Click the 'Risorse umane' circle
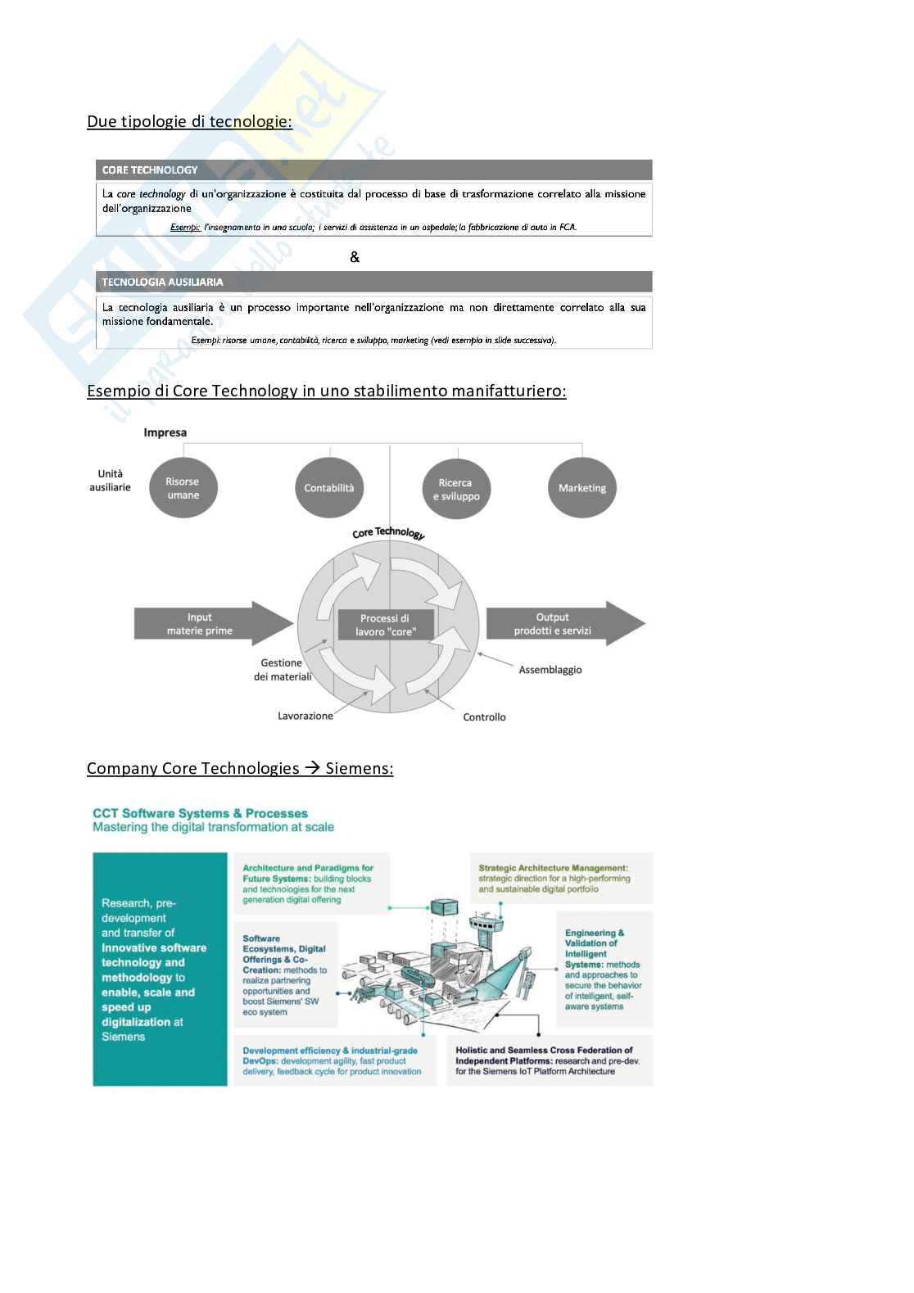(x=183, y=488)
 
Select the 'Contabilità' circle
(x=329, y=488)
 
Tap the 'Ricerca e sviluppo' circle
(x=455, y=489)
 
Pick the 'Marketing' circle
(x=581, y=488)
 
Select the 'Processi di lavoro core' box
(x=386, y=625)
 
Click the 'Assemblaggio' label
(x=550, y=670)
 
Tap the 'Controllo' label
(x=484, y=717)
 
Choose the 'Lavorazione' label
(x=305, y=716)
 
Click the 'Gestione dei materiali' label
(x=283, y=670)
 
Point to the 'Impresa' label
(x=165, y=432)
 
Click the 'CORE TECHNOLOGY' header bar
(x=373, y=170)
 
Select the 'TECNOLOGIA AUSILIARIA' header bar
(x=373, y=282)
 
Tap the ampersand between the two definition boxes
(x=355, y=257)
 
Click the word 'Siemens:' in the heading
(x=359, y=768)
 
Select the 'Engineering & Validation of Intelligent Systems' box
(x=604, y=970)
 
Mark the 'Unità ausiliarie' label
(x=110, y=481)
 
